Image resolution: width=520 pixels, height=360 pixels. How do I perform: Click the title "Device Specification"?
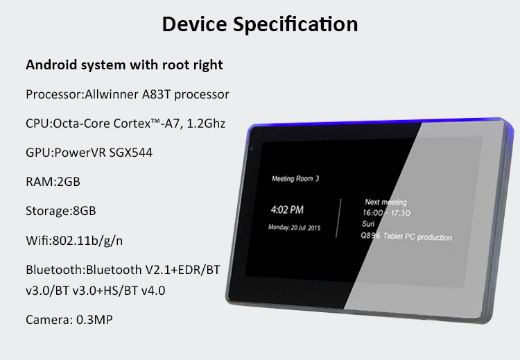(x=260, y=24)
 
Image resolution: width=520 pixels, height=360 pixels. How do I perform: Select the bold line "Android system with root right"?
(x=124, y=65)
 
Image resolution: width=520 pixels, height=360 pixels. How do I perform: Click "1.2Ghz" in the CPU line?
(x=206, y=123)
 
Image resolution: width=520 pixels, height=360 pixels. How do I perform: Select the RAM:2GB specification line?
(x=53, y=182)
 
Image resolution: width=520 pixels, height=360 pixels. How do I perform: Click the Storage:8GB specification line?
(x=61, y=211)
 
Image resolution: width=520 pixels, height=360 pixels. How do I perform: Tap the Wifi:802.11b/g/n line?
(x=74, y=241)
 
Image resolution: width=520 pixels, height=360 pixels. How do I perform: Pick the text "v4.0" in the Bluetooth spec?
(x=153, y=291)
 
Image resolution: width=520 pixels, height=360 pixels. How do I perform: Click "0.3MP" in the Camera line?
(x=94, y=320)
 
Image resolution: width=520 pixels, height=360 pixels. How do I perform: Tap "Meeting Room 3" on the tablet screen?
(x=295, y=179)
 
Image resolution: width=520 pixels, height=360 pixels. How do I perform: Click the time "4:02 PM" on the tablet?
(x=287, y=209)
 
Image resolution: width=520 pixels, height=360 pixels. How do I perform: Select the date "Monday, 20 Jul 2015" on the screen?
(x=295, y=228)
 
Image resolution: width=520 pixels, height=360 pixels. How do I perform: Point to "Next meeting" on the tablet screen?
(x=385, y=202)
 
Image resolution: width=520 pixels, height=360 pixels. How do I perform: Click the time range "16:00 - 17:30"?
(x=387, y=213)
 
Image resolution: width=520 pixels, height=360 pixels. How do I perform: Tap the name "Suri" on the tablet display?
(x=368, y=223)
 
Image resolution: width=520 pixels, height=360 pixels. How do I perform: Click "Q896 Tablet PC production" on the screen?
(x=406, y=237)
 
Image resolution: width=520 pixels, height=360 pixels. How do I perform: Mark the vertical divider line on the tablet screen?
(x=338, y=218)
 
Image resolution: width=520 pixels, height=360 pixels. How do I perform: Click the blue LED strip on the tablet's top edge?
(x=378, y=121)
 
